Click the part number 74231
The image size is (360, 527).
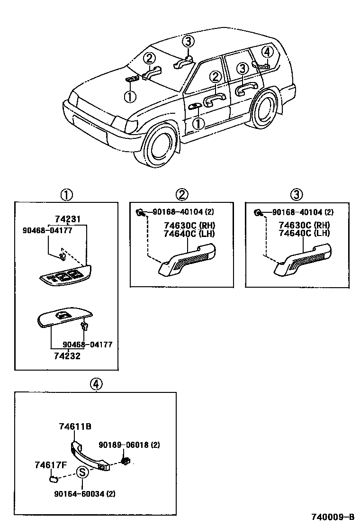click(x=68, y=219)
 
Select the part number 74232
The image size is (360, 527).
click(x=67, y=356)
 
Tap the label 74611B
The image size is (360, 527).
click(x=75, y=427)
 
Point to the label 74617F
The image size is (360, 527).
click(x=50, y=465)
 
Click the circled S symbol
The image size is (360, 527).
click(x=82, y=472)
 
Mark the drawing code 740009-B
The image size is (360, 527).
click(x=333, y=517)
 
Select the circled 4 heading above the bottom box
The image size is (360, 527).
click(x=96, y=384)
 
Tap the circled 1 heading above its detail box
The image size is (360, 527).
click(x=66, y=194)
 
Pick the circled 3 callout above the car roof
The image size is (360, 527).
click(x=189, y=41)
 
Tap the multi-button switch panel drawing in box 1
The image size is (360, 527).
click(x=66, y=276)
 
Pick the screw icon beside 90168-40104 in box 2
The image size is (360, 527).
click(x=141, y=213)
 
